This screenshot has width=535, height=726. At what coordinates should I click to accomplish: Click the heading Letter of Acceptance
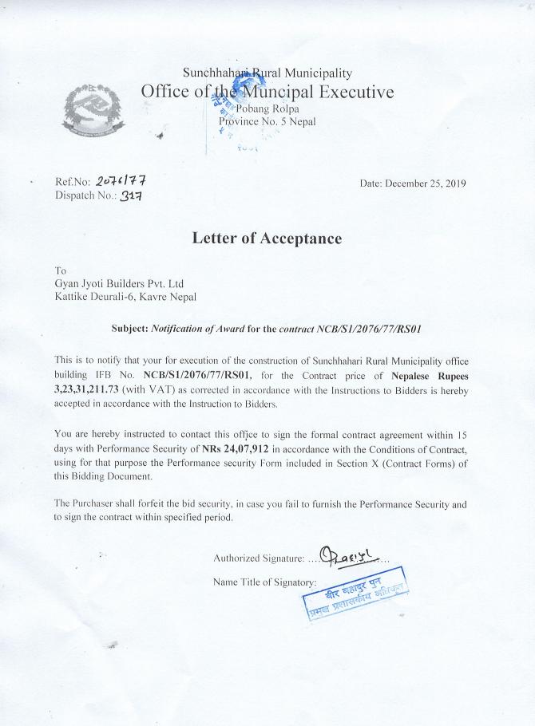(267, 238)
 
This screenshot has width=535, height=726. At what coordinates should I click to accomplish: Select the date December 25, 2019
(413, 183)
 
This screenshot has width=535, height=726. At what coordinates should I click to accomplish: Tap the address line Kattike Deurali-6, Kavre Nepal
(125, 297)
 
